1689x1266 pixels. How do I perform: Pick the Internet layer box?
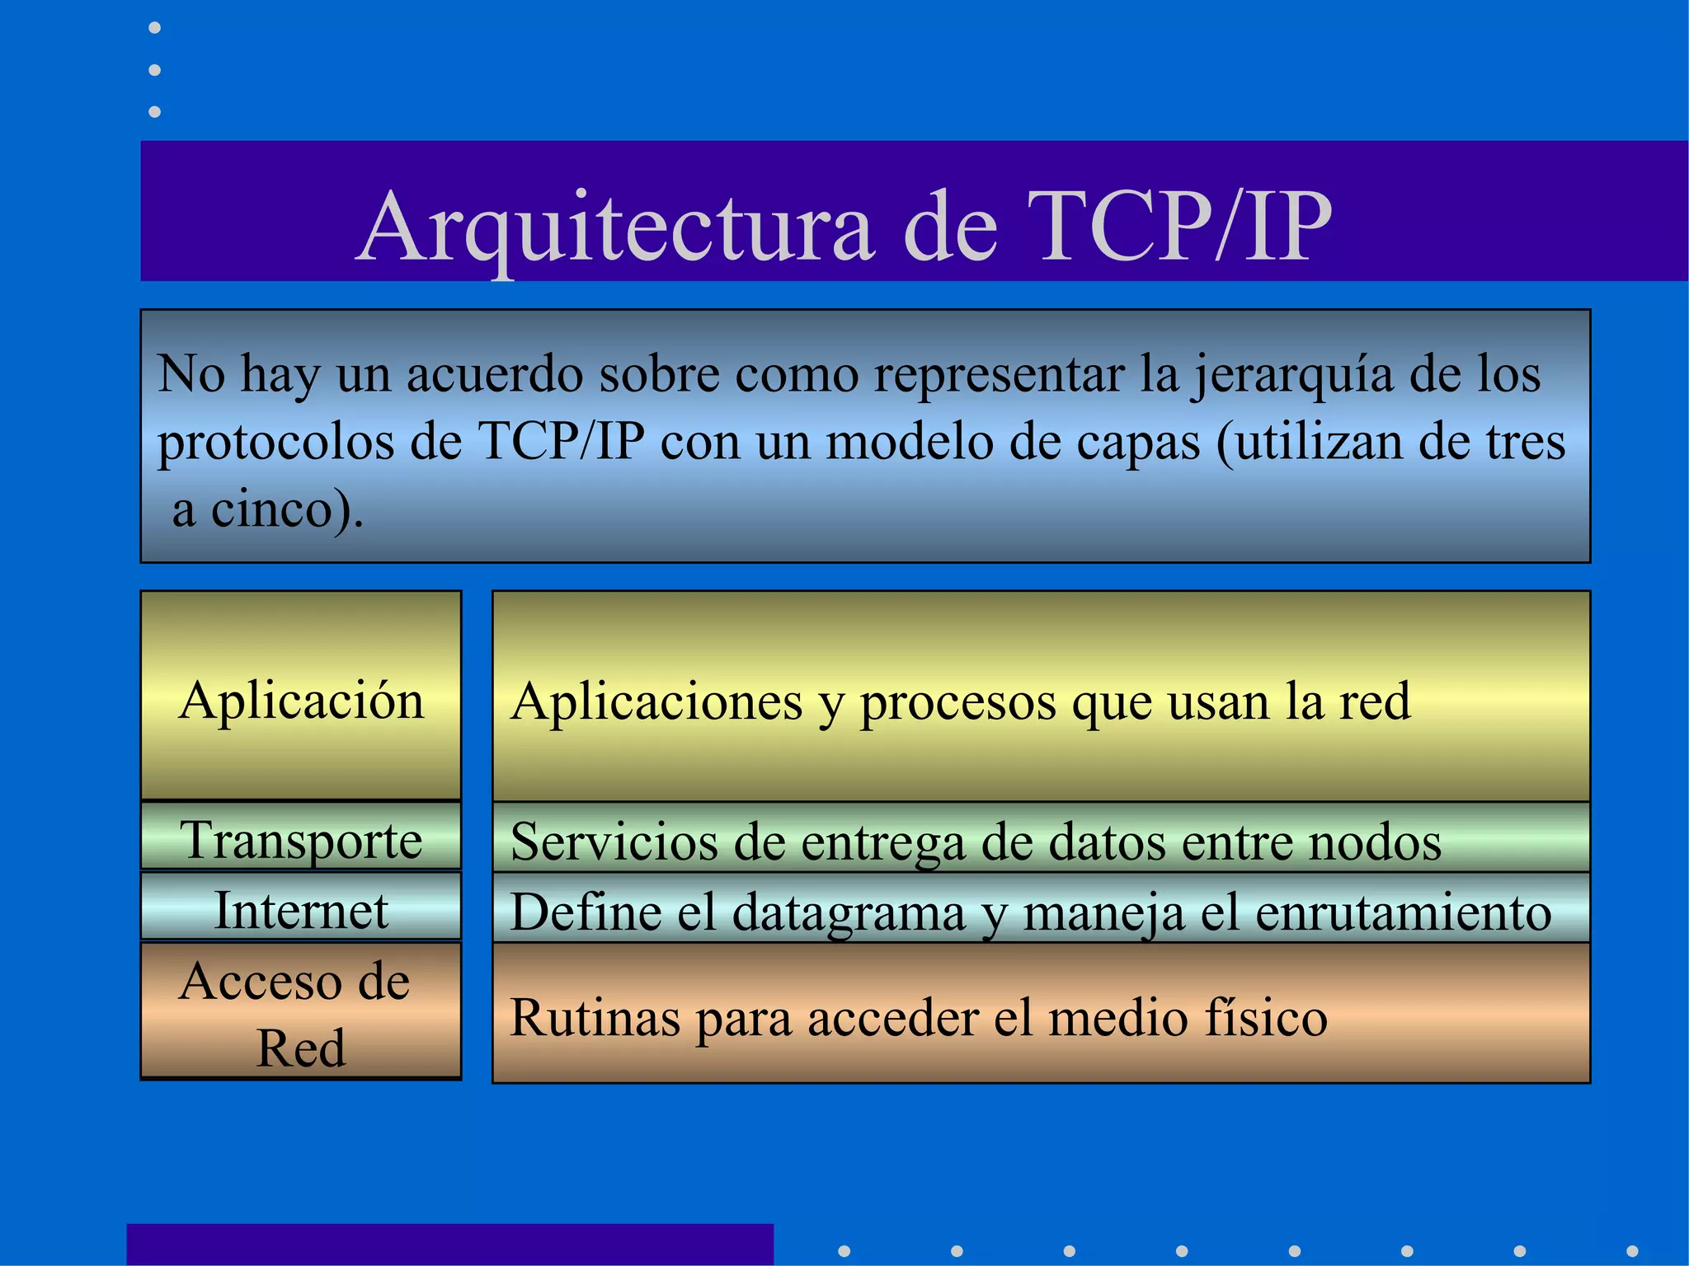(x=301, y=910)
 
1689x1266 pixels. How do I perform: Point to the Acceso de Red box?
(x=301, y=1013)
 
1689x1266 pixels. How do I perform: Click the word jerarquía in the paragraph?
(x=1291, y=375)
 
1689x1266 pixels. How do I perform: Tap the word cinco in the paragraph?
(x=271, y=509)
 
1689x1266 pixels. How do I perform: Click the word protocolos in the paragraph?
(x=276, y=443)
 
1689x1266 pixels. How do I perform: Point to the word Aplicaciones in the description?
(x=656, y=702)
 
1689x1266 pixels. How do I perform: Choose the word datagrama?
(x=849, y=913)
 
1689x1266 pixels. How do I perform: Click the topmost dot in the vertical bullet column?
(x=154, y=29)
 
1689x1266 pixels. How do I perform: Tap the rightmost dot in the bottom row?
(x=1632, y=1251)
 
